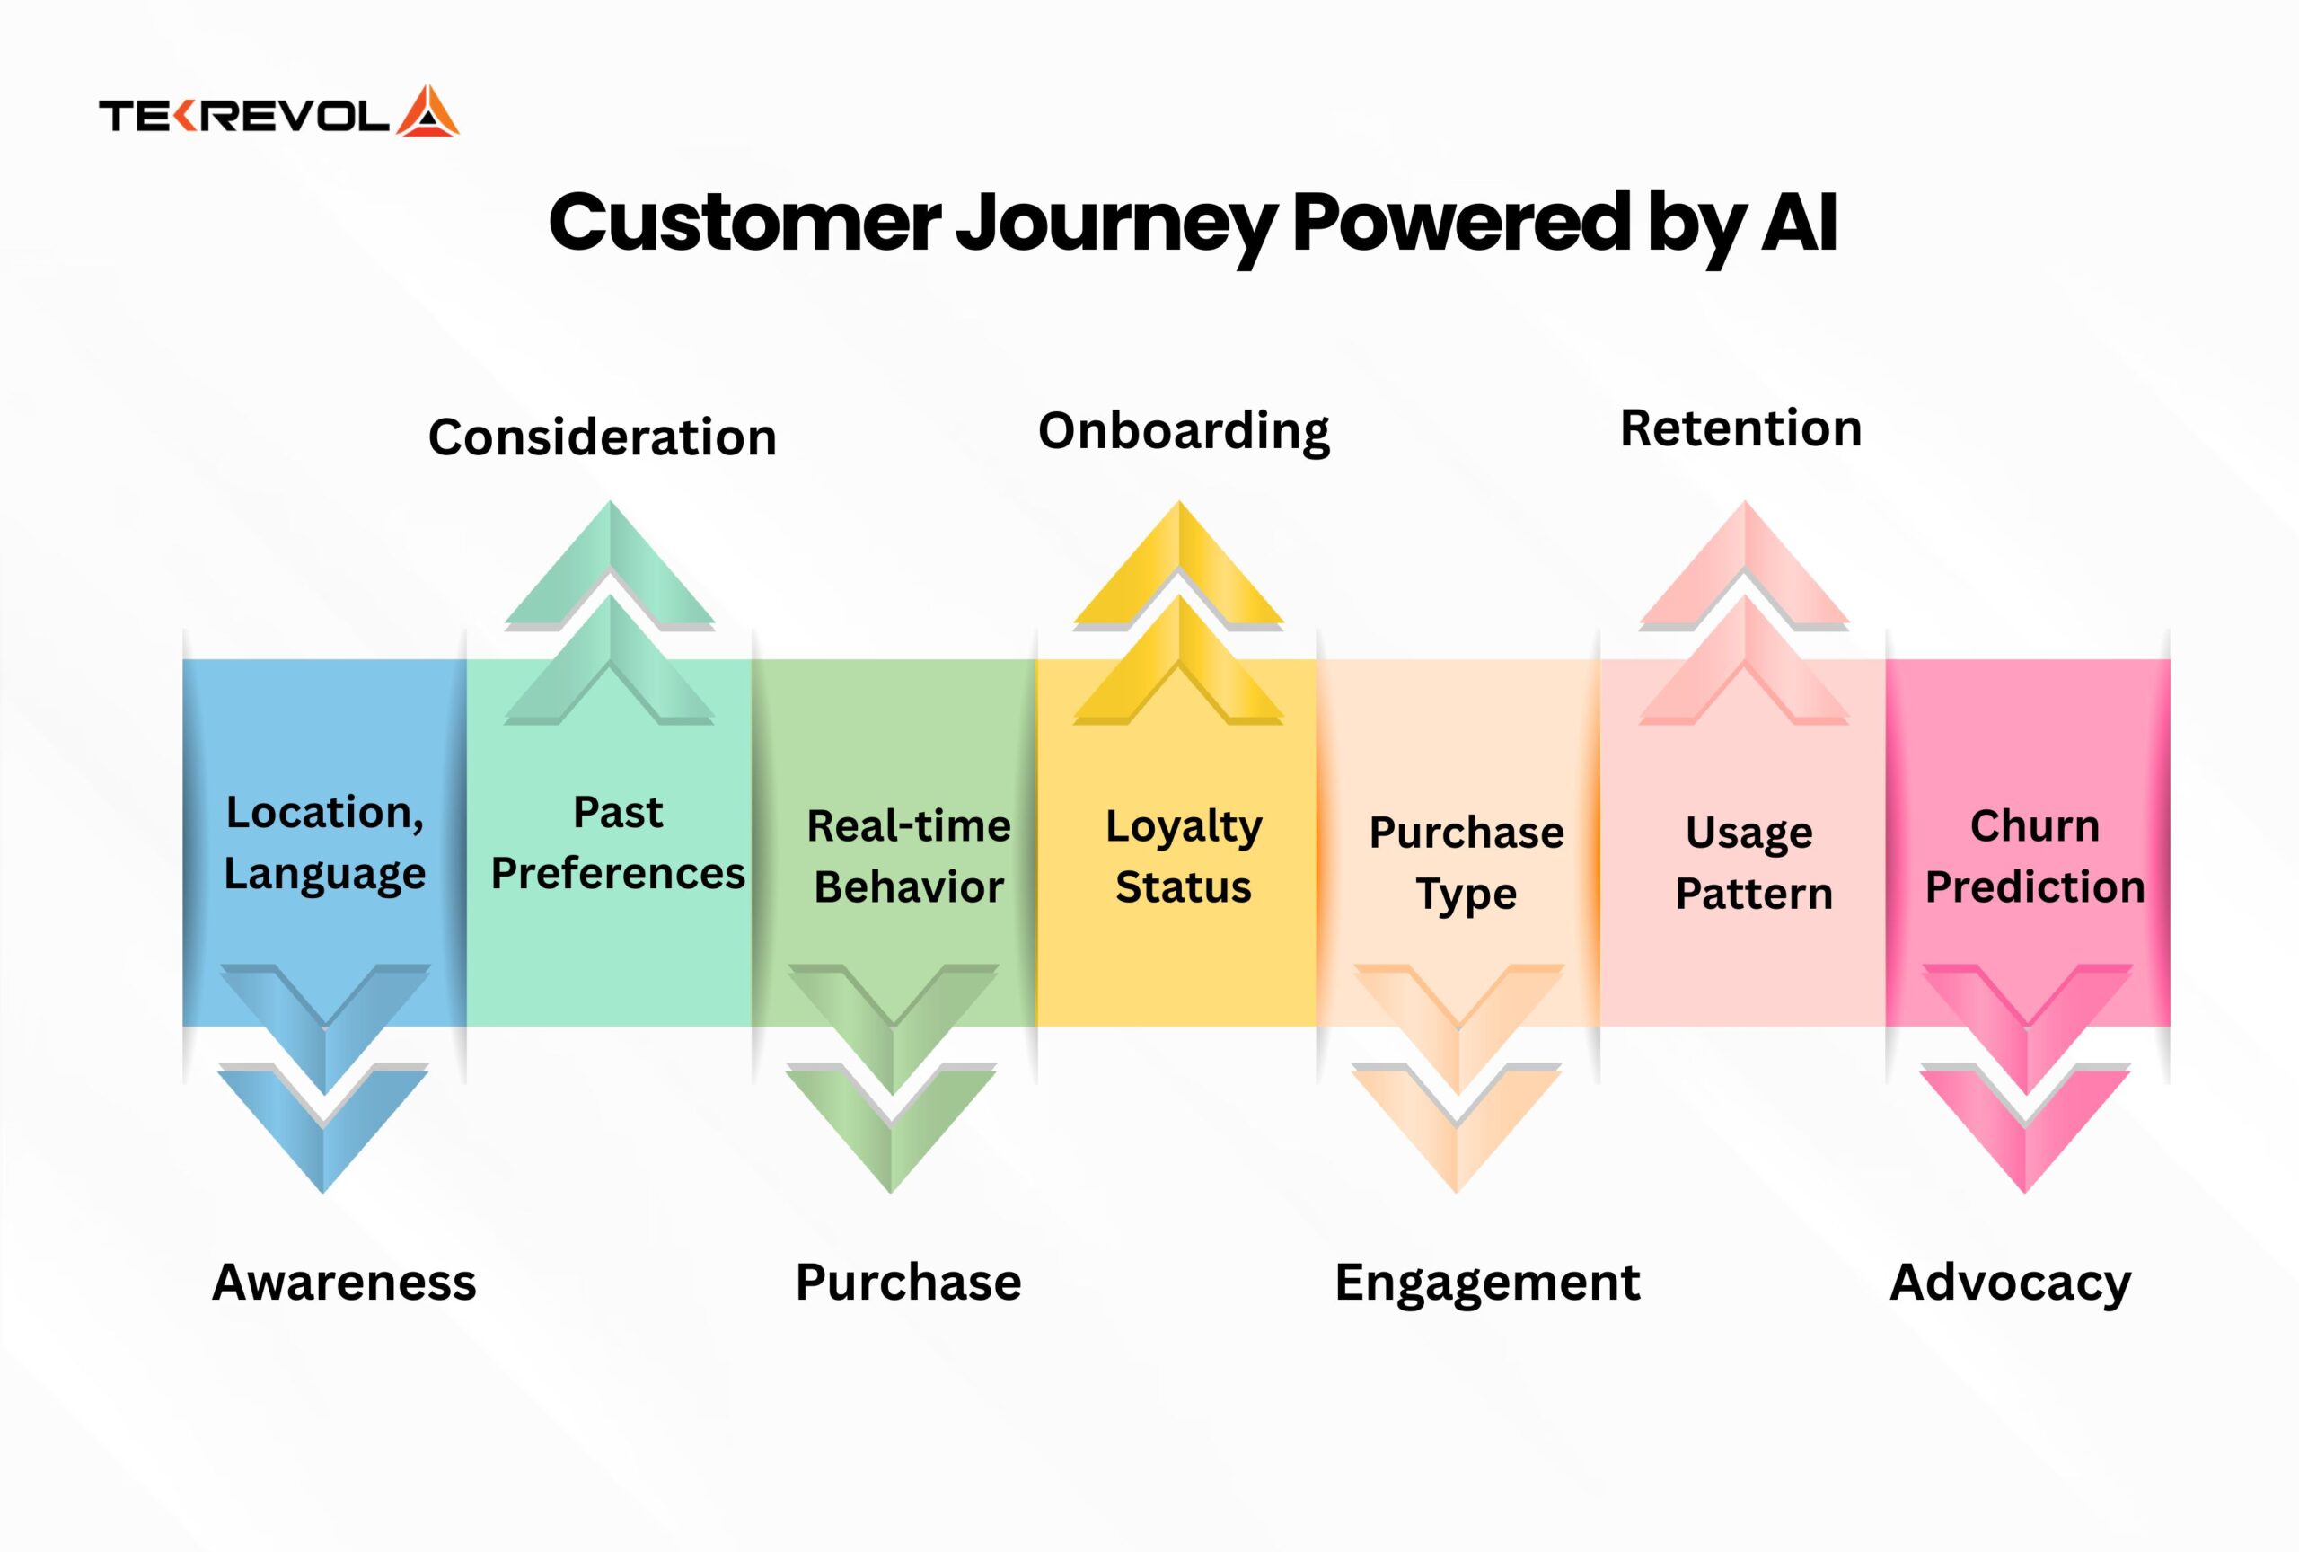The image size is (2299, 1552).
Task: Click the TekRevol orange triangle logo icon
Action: tap(427, 110)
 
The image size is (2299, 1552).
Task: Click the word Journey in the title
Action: tap(1114, 226)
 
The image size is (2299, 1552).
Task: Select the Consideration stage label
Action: tap(603, 437)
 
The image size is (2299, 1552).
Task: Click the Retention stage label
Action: tap(1741, 428)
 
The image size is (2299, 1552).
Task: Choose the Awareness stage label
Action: tap(344, 1282)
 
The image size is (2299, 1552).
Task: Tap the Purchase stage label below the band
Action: tap(908, 1282)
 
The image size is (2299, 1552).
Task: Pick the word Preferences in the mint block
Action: tap(618, 873)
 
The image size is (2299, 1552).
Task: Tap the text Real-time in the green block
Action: tap(909, 826)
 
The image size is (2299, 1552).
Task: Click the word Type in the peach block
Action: tap(1466, 895)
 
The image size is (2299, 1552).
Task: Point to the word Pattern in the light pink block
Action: tap(1754, 894)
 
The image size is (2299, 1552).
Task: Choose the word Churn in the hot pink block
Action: tap(2035, 826)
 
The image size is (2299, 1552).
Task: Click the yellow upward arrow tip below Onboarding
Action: tap(1179, 501)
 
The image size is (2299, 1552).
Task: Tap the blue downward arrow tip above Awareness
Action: tap(323, 1193)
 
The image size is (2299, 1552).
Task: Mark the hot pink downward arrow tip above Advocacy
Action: tap(2025, 1193)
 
